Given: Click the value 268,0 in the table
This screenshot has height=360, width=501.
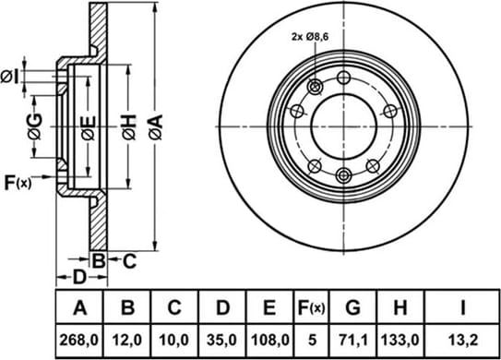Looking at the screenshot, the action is pos(79,340).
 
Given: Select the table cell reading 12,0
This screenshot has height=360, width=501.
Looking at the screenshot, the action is pos(126,340).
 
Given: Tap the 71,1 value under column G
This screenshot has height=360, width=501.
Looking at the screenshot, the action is pos(352,340).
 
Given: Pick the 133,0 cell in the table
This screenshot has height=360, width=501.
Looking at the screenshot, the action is pos(400,340).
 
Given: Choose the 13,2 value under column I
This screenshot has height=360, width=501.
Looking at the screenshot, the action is pos(463,340).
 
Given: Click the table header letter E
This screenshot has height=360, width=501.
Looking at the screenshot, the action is pos(269,307).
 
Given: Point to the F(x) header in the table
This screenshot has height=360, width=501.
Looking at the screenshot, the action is pos(312,308).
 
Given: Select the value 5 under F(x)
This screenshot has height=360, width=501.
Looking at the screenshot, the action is pos(312,340).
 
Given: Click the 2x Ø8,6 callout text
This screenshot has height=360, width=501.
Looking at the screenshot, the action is pos(310,37).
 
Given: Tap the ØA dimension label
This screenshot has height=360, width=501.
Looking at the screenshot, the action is pos(156,127).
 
